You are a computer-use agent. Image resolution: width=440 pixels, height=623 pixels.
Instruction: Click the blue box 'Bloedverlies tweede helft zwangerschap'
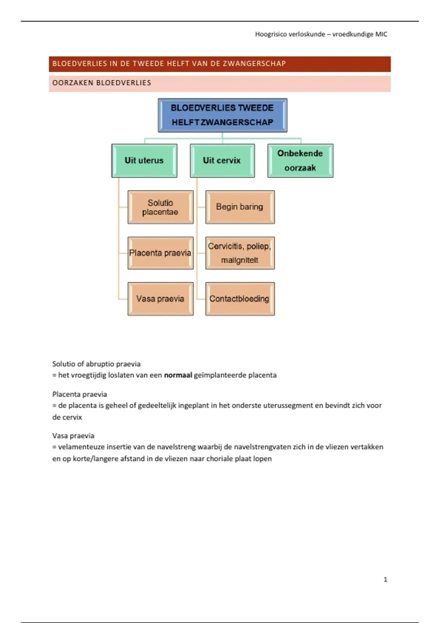tap(223, 115)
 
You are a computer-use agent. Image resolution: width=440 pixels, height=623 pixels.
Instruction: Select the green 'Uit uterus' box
tap(144, 161)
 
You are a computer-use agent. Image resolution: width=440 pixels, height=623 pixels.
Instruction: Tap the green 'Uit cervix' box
tap(222, 161)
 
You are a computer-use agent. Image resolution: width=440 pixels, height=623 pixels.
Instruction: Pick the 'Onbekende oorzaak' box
tap(300, 161)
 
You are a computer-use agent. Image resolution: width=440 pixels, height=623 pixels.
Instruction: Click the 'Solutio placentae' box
tap(160, 207)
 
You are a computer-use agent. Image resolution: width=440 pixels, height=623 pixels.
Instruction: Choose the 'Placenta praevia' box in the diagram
tap(160, 253)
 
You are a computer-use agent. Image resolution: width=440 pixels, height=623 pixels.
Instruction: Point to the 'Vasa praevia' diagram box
tap(160, 299)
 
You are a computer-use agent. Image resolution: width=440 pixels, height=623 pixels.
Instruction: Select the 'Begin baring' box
tap(240, 207)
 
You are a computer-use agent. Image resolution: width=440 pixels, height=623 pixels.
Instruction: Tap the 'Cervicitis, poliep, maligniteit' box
tap(240, 253)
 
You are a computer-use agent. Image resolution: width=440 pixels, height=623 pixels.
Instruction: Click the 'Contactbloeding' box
tap(240, 299)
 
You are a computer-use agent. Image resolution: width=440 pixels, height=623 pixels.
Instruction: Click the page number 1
tap(385, 579)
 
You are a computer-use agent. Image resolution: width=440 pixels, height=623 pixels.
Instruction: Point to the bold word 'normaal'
tap(178, 375)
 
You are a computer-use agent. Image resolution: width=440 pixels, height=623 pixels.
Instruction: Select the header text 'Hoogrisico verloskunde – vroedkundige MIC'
tap(321, 34)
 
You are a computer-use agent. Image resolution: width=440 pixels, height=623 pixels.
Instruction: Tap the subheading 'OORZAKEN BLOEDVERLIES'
tap(102, 83)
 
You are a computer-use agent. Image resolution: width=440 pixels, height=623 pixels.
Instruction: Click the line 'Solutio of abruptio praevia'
tap(96, 364)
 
